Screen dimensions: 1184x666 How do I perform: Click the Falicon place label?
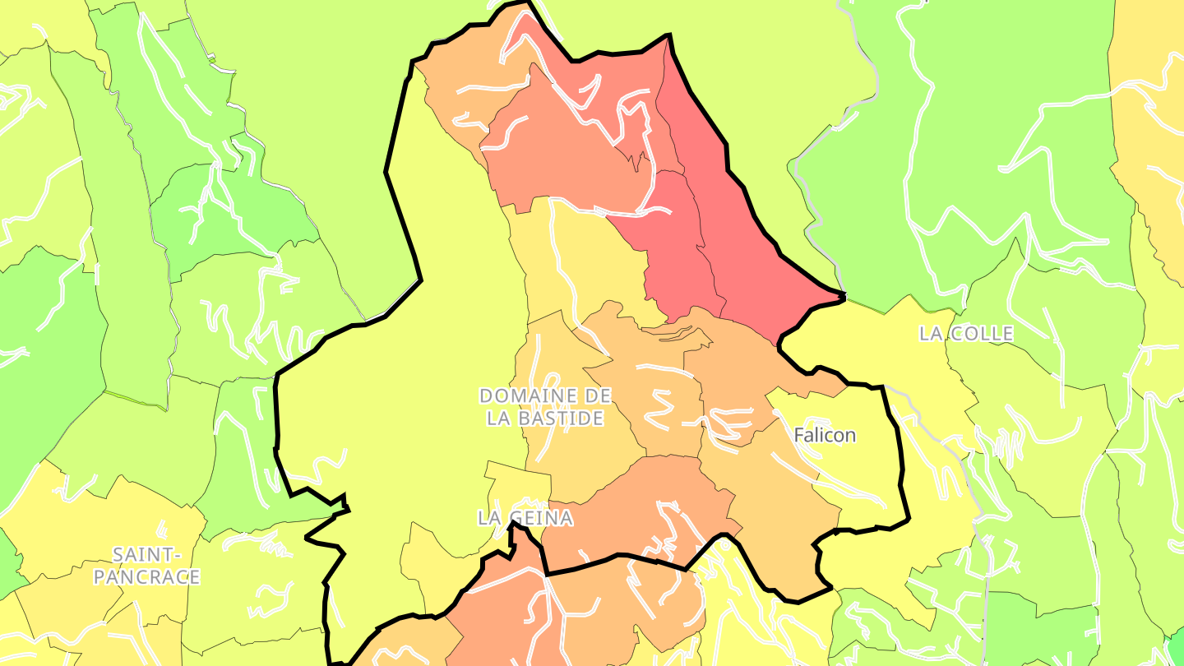(825, 436)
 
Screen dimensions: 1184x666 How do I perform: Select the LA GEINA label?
(525, 518)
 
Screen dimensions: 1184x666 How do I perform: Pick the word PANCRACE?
(146, 577)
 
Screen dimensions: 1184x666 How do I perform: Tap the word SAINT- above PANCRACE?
(146, 554)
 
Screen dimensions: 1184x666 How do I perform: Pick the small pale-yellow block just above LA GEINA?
(518, 485)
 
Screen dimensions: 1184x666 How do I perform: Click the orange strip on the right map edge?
(1151, 123)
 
